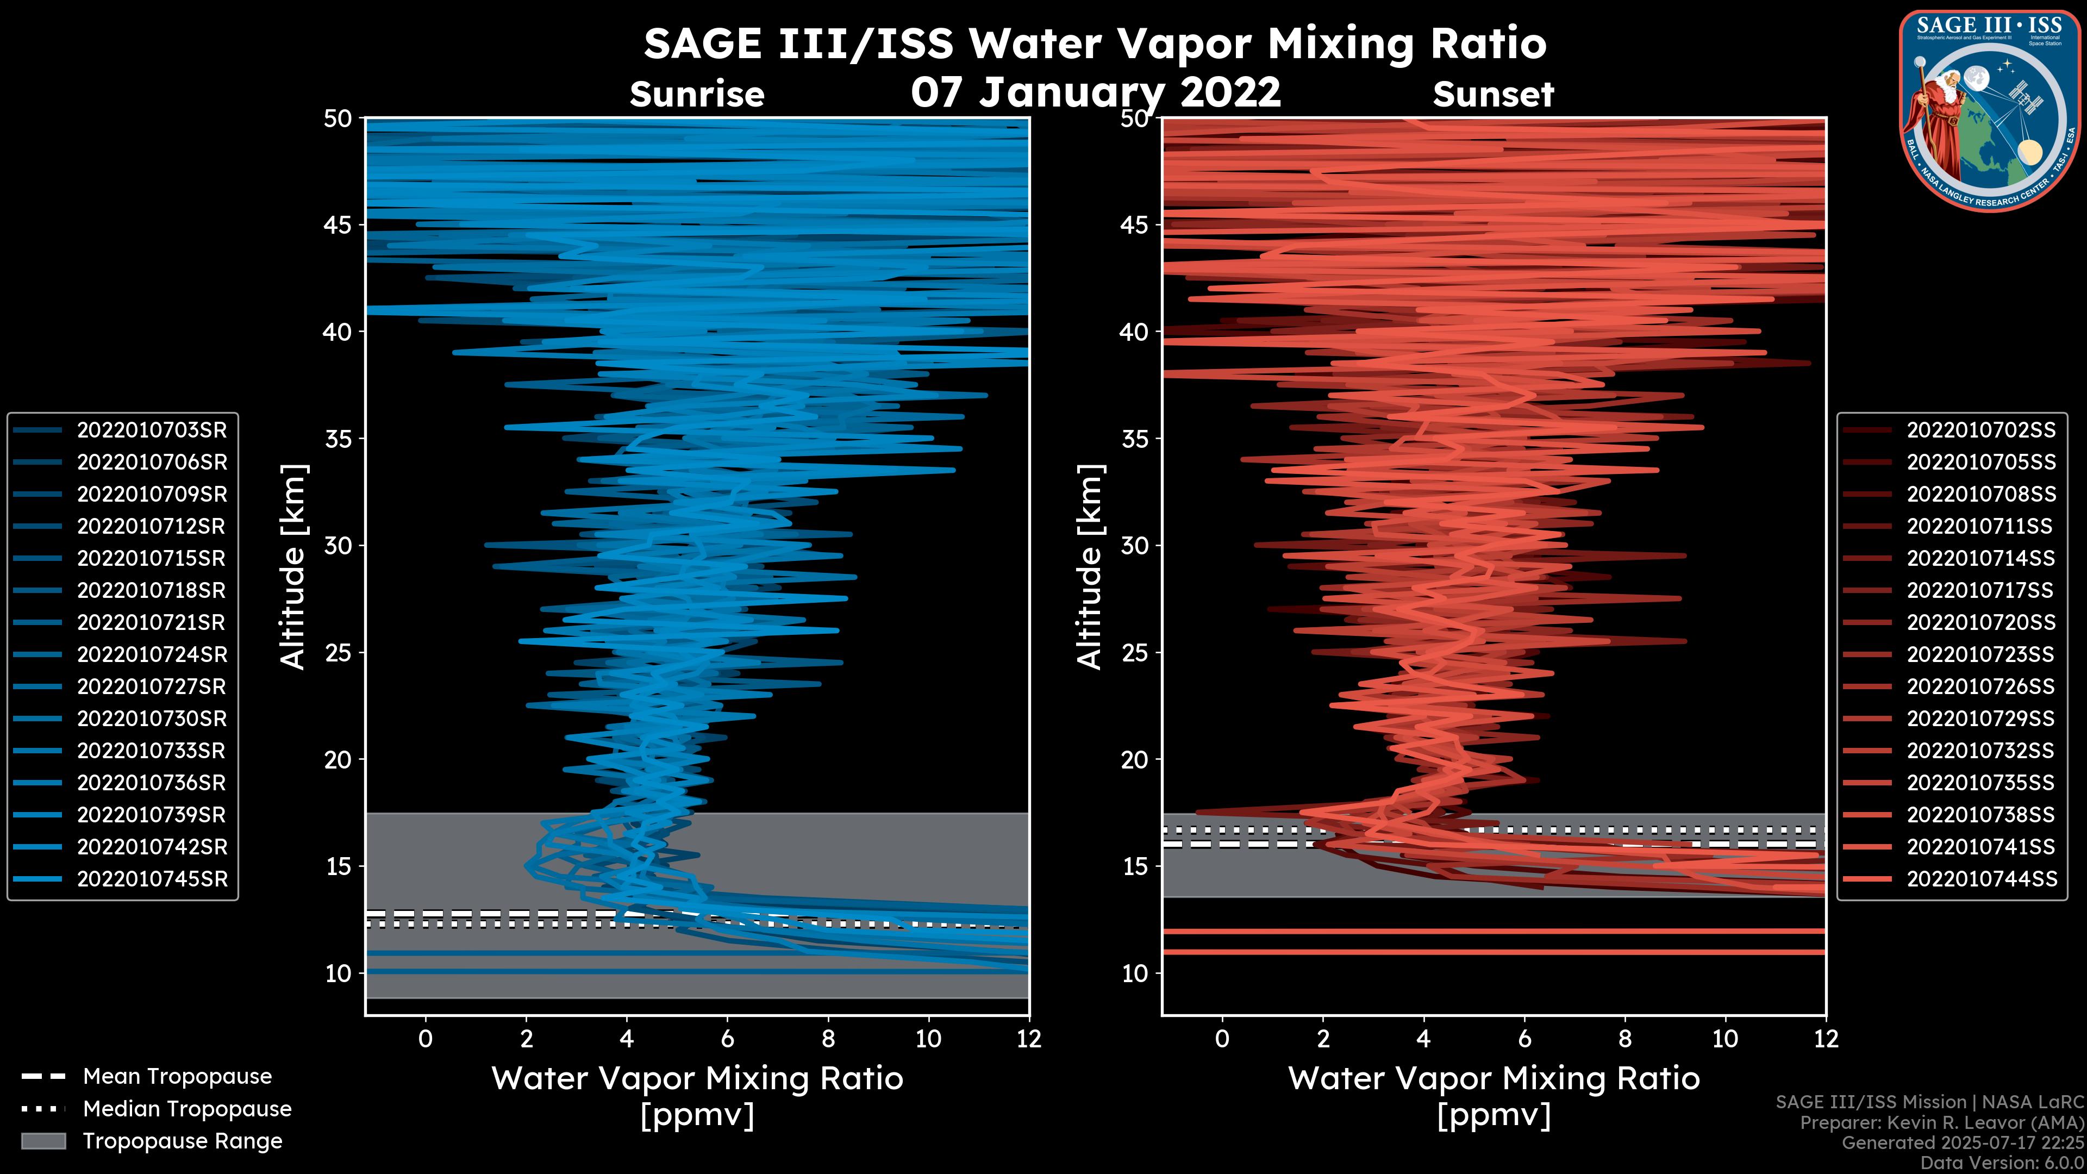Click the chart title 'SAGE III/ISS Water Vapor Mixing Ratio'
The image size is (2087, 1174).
coord(1095,43)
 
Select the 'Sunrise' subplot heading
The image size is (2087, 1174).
coord(697,95)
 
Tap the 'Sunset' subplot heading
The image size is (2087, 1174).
coord(1493,95)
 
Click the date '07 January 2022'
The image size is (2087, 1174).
coord(1095,92)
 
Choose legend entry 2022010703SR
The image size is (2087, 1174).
coord(152,430)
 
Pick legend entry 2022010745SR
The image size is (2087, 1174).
coord(152,879)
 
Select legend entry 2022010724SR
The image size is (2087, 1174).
coord(152,654)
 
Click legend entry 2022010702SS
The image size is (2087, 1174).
coord(1981,430)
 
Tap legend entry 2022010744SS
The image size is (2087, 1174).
coord(1981,879)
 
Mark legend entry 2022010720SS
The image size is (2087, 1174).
coord(1981,622)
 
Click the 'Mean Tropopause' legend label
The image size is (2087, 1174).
coord(177,1077)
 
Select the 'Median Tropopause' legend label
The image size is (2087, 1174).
coord(187,1109)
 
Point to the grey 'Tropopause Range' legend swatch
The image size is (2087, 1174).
coord(43,1141)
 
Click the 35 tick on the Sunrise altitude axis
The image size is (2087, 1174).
coord(338,438)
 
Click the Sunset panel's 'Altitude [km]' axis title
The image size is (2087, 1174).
coord(1090,566)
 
